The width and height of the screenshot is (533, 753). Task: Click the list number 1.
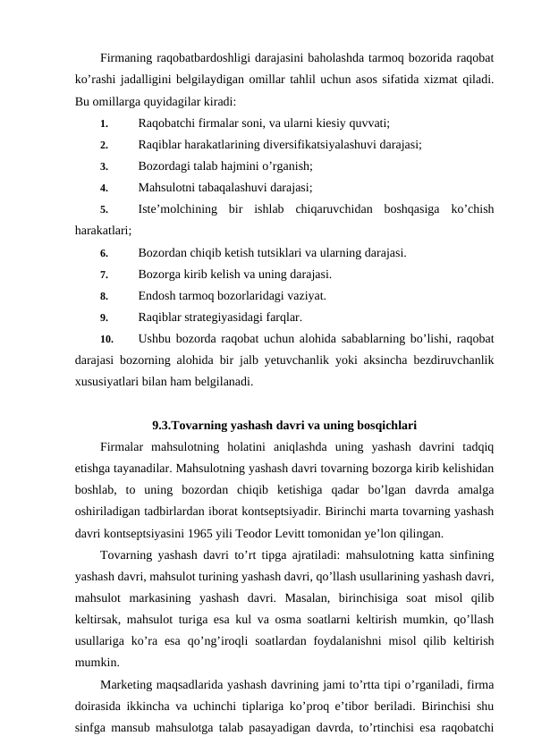(x=104, y=123)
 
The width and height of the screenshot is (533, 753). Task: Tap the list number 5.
(x=104, y=209)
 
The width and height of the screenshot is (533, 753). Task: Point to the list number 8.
(x=104, y=295)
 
